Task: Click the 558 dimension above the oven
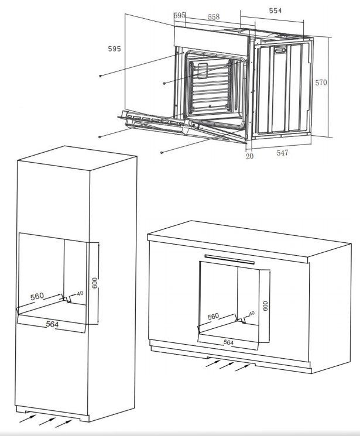point(214,17)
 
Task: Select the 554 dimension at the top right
point(275,11)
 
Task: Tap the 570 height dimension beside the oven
point(321,83)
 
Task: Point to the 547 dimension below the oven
point(282,153)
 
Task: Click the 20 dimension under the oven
point(249,156)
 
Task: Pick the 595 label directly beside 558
point(180,15)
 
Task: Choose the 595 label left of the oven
point(114,49)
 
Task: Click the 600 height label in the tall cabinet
point(95,283)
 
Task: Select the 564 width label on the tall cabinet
point(52,324)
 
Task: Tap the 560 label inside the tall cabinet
point(37,296)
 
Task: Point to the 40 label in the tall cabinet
point(80,293)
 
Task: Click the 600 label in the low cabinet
point(265,306)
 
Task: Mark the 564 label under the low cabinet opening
point(228,342)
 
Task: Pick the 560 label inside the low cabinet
point(214,317)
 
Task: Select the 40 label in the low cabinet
point(252,313)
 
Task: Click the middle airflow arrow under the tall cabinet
point(47,421)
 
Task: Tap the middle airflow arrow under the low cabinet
point(228,365)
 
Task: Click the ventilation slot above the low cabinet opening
point(229,259)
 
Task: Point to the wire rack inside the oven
point(210,87)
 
